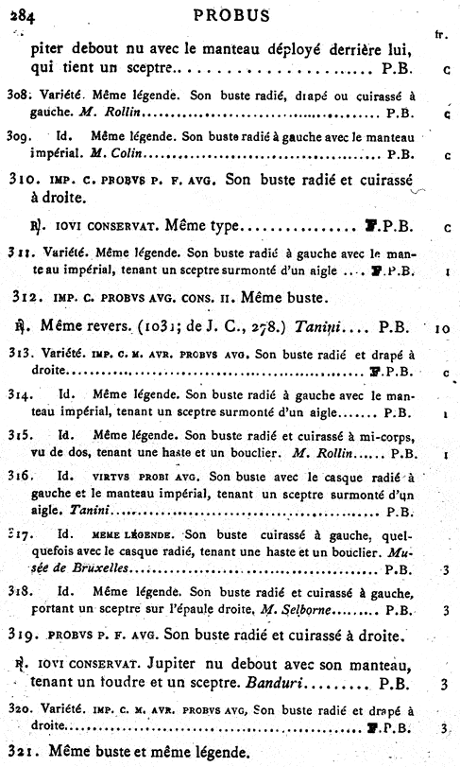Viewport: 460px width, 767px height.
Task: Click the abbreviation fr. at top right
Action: [440, 35]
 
